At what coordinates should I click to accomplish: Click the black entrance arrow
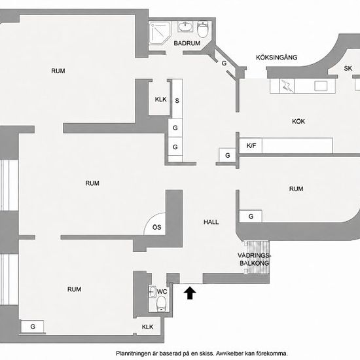point(190,293)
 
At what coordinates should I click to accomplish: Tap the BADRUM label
point(187,43)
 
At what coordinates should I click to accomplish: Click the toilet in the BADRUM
point(202,29)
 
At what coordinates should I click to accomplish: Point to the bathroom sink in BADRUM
point(185,27)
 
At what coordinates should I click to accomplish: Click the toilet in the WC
point(161,304)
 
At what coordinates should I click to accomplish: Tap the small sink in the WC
point(153,291)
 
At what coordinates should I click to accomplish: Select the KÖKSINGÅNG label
point(277,57)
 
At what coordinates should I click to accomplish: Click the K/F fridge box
point(251,145)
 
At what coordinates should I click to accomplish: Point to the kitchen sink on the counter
point(321,86)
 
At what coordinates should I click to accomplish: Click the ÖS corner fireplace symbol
point(154,224)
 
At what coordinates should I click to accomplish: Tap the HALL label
point(211,222)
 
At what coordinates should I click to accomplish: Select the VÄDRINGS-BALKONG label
point(255,259)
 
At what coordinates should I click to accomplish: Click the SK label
point(348,68)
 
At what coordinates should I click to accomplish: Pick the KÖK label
point(298,121)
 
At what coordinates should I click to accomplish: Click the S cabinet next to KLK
point(177,99)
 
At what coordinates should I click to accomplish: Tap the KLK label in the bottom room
point(147,327)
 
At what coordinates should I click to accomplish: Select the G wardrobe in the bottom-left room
point(32,327)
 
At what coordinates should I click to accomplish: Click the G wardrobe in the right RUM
point(251,216)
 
